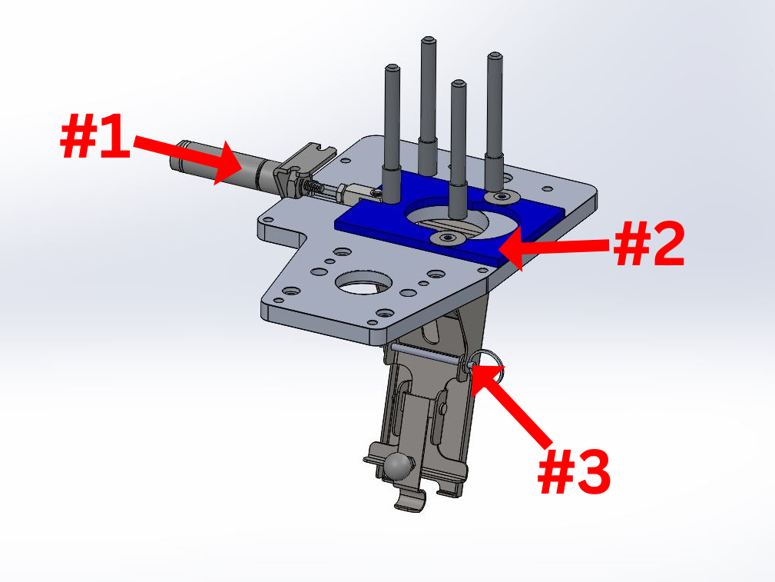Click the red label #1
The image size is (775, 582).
pyautogui.click(x=95, y=135)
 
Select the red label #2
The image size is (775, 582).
pyautogui.click(x=649, y=244)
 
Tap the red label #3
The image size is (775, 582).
pyautogui.click(x=574, y=471)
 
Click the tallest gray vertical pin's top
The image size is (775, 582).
pyautogui.click(x=429, y=39)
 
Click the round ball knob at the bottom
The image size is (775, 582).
pyautogui.click(x=399, y=466)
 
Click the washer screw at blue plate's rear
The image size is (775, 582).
pyautogui.click(x=502, y=197)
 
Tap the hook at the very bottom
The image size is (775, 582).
pyautogui.click(x=411, y=500)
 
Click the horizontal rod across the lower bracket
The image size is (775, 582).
pyautogui.click(x=428, y=354)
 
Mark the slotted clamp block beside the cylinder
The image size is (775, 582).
pyautogui.click(x=303, y=168)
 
